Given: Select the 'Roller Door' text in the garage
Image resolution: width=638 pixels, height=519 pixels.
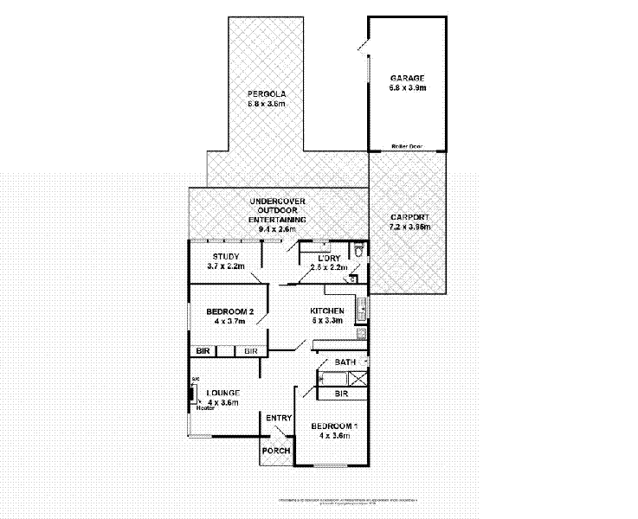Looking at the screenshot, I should (407, 146).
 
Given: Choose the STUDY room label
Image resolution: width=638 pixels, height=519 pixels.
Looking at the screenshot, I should (226, 257).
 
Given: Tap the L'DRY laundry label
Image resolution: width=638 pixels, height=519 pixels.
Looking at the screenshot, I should (329, 258).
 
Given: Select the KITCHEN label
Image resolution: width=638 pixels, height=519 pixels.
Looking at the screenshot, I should (328, 311).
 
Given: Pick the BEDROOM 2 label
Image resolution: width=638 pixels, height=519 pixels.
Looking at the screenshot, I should (229, 311).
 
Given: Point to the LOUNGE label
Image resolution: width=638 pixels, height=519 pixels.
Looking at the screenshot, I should (222, 394).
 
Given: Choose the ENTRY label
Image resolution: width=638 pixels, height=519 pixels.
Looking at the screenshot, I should (279, 418).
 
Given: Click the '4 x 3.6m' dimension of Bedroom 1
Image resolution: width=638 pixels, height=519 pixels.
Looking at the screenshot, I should (333, 435).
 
